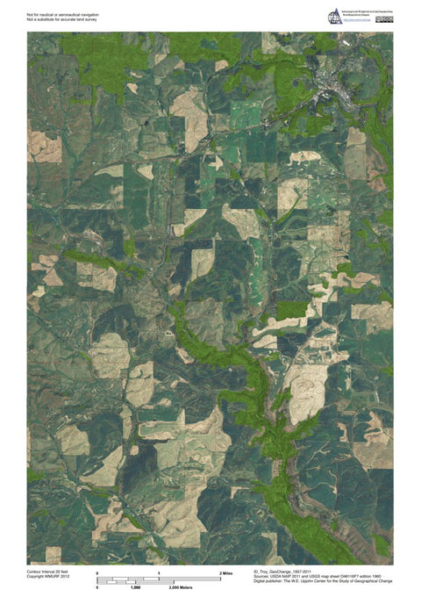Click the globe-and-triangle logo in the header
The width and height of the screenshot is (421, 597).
point(334,16)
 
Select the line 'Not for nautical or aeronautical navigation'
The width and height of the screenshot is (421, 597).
point(69,12)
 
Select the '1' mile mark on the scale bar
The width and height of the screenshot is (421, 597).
point(158,572)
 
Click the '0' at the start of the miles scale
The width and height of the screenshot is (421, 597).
point(96,572)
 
